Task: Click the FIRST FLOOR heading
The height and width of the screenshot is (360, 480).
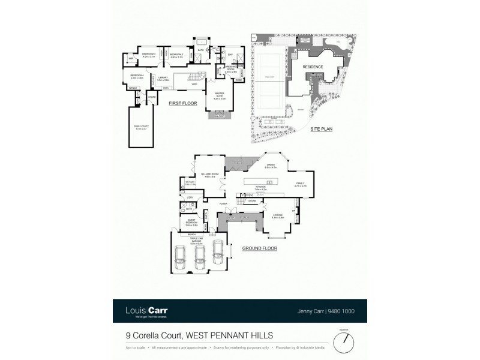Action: [182, 103]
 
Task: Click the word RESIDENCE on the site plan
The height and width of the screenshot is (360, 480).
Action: [312, 67]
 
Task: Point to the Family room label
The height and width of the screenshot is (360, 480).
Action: [300, 185]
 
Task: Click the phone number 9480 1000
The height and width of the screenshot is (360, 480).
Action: [342, 311]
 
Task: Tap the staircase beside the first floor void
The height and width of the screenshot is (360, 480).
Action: [195, 77]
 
